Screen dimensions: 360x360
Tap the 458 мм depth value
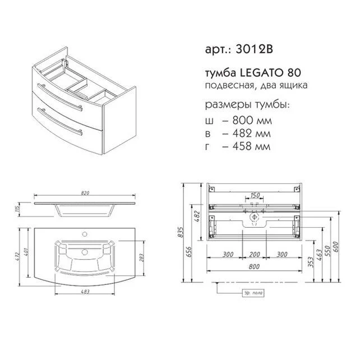(239, 146)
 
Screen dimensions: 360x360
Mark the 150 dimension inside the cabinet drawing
(255, 195)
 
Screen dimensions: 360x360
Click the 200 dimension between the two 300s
(255, 254)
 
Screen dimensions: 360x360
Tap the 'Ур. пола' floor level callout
(253, 292)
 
